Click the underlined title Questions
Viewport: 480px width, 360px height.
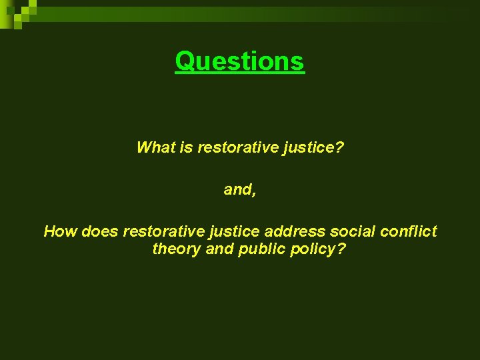click(239, 61)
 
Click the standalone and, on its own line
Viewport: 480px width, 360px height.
click(239, 189)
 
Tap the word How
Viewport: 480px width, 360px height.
click(60, 231)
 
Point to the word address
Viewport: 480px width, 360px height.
click(295, 231)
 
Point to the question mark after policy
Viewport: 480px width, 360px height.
click(341, 249)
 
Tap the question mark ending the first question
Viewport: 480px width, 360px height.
click(339, 147)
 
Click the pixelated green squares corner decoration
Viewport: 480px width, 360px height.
click(17, 12)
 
